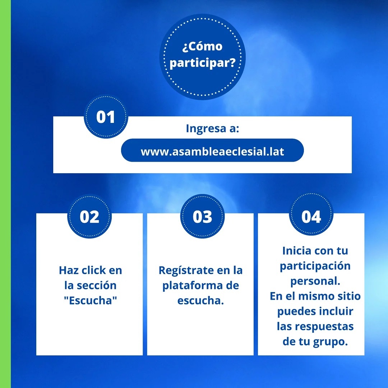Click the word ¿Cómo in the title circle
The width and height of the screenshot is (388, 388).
[x=202, y=46]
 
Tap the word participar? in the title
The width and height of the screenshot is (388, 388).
[x=202, y=63]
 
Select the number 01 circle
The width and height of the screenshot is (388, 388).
[x=106, y=116]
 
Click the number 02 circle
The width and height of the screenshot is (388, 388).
[x=89, y=217]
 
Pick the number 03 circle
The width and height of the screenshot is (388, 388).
[x=202, y=217]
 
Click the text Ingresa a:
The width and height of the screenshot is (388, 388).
[x=213, y=128]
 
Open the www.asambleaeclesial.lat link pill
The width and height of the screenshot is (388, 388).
[x=212, y=150]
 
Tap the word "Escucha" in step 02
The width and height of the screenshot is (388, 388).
[x=90, y=300]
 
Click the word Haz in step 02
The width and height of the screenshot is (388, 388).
[x=69, y=270]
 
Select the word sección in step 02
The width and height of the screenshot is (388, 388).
[x=97, y=285]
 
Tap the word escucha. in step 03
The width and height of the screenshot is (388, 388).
[x=201, y=300]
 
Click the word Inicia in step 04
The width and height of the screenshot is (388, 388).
[x=297, y=251]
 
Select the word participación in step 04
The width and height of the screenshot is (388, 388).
[x=315, y=266]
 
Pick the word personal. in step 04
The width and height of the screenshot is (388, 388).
[x=315, y=281]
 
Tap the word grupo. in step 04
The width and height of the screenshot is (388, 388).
[x=331, y=342]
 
